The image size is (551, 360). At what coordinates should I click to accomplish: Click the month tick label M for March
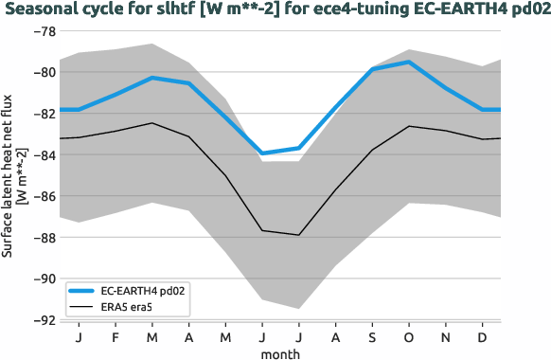(151, 338)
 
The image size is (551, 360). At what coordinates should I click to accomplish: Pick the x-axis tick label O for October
(409, 338)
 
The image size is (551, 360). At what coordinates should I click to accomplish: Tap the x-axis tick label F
(116, 338)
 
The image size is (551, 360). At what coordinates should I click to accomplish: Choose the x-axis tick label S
(372, 338)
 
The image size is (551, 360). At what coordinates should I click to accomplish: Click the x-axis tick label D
(483, 338)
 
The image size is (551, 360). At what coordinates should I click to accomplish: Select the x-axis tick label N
(446, 338)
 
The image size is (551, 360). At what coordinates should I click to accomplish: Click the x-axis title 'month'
(281, 352)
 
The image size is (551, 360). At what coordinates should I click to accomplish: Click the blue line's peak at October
(409, 62)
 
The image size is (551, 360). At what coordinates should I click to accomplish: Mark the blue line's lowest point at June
(262, 153)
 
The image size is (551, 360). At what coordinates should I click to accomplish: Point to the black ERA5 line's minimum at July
(299, 235)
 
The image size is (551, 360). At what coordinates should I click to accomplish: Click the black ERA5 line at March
(151, 123)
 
